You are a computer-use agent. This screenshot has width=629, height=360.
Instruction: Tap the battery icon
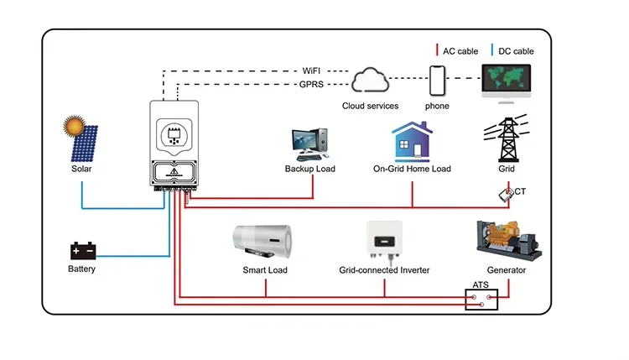pyautogui.click(x=83, y=250)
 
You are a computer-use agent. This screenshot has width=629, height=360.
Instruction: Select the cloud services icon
pyautogui.click(x=371, y=81)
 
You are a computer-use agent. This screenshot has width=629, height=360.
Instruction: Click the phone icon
pyautogui.click(x=437, y=81)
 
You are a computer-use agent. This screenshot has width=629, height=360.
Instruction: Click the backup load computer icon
pyautogui.click(x=308, y=143)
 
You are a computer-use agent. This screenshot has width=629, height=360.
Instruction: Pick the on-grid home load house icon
pyautogui.click(x=412, y=141)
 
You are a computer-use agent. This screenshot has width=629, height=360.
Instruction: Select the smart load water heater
pyautogui.click(x=264, y=240)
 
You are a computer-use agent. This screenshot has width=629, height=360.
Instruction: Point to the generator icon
pyautogui.click(x=507, y=242)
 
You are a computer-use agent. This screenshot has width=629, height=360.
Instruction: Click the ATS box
pyautogui.click(x=481, y=300)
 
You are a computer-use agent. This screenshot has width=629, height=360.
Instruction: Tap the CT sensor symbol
pyautogui.click(x=506, y=194)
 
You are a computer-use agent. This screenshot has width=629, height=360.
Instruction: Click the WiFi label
pyautogui.click(x=313, y=70)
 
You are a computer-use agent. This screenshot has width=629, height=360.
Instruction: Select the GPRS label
pyautogui.click(x=313, y=85)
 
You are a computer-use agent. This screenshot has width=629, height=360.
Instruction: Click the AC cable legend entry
pyautogui.click(x=456, y=51)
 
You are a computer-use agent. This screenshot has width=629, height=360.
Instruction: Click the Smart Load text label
pyautogui.click(x=264, y=270)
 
